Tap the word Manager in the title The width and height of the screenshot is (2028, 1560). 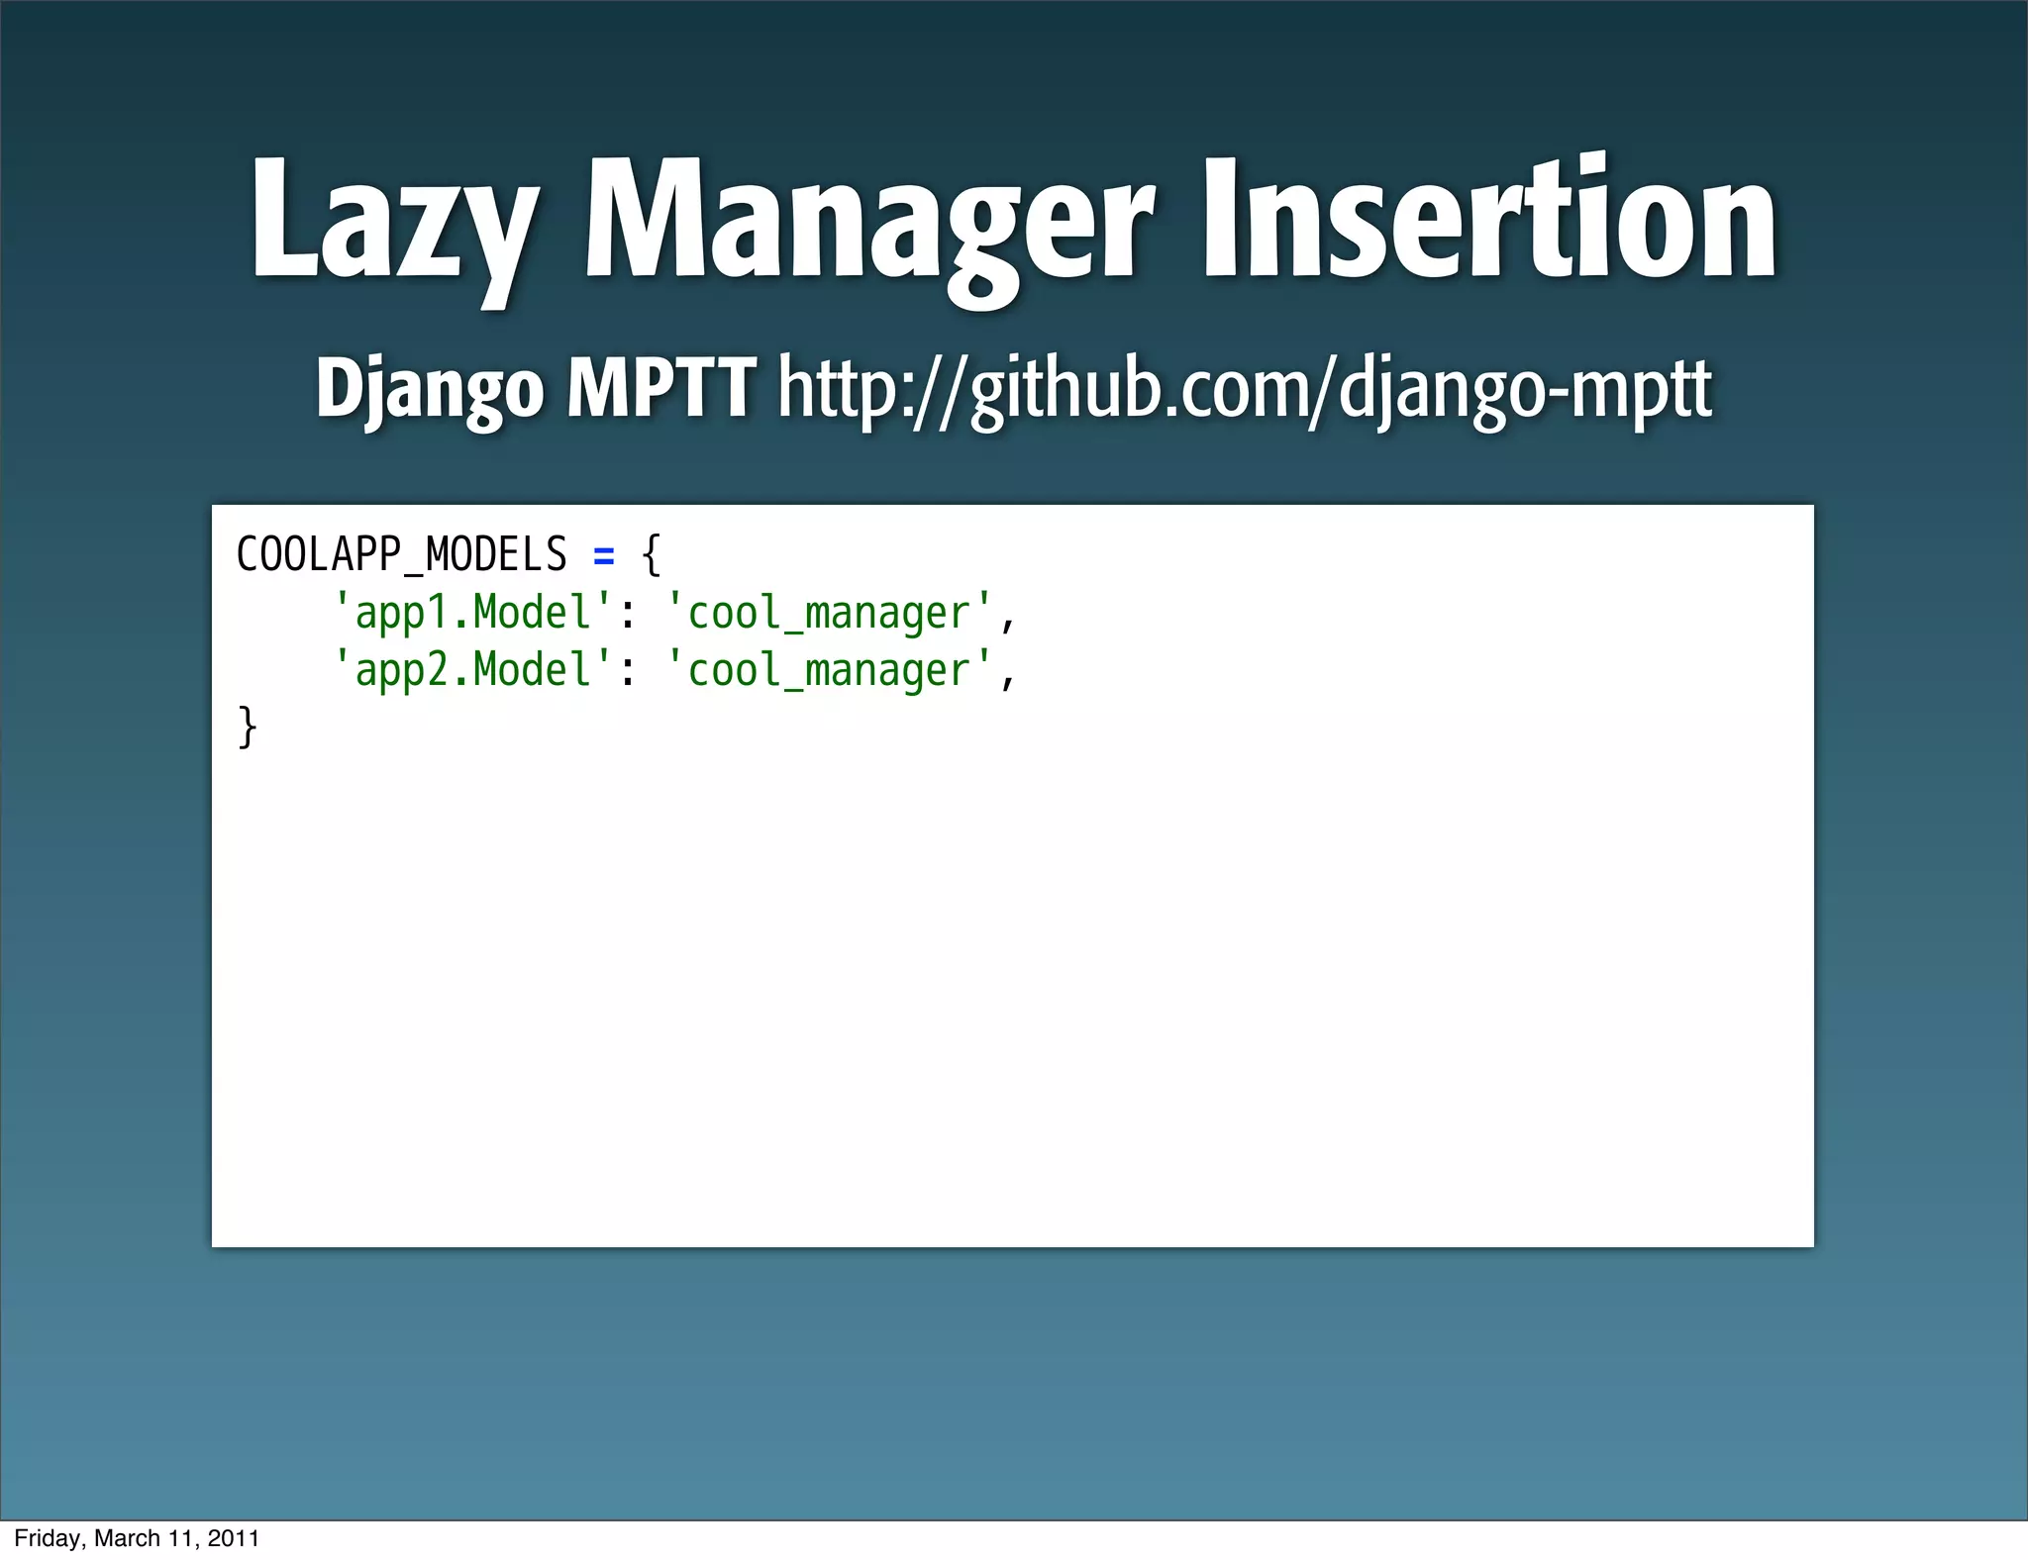tap(869, 223)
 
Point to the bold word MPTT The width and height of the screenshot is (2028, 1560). tap(661, 388)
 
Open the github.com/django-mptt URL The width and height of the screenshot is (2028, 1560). tap(1245, 390)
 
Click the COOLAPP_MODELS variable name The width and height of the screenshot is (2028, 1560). tap(401, 554)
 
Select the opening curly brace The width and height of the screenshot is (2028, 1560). tap(651, 554)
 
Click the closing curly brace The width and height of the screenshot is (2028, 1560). tap(248, 728)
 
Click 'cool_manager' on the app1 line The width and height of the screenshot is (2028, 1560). tap(829, 613)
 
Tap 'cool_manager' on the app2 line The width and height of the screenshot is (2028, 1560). tap(829, 670)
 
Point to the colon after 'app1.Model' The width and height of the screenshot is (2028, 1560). tap(626, 617)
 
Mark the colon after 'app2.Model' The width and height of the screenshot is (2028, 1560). tap(626, 674)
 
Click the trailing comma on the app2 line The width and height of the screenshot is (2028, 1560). tap(1008, 680)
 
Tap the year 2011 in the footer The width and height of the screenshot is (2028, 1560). tap(234, 1538)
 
